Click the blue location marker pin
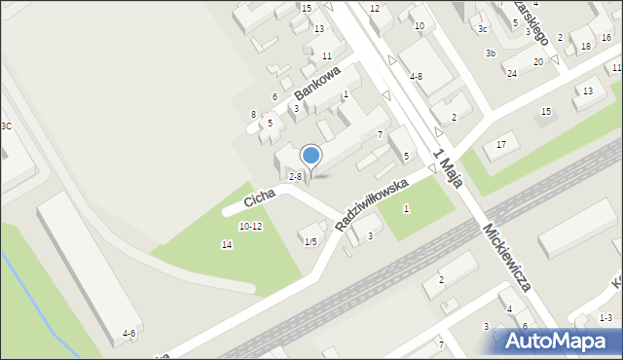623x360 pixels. (311, 156)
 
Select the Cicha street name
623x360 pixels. (259, 197)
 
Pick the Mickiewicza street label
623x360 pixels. (505, 257)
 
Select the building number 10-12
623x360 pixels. (250, 226)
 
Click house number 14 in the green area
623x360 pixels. (227, 244)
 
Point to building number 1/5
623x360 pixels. (311, 241)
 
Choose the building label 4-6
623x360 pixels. (128, 334)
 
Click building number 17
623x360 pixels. (501, 145)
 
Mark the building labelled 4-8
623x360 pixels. (416, 76)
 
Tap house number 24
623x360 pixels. (511, 73)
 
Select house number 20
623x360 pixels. (537, 61)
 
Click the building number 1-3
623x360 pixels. (605, 317)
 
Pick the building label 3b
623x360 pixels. (492, 53)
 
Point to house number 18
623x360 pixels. (586, 46)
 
